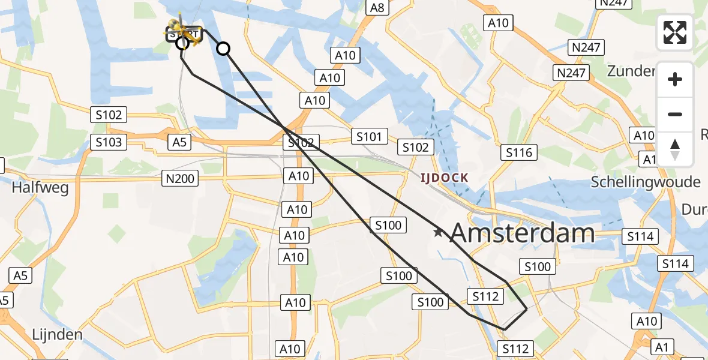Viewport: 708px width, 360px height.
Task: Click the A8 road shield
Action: [377, 8]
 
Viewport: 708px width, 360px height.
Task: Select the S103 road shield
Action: [109, 142]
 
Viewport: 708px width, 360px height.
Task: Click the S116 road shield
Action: [519, 152]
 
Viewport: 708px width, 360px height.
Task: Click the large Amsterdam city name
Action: [522, 233]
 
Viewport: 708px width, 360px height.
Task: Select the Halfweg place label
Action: [40, 188]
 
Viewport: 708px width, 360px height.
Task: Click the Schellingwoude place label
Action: [645, 182]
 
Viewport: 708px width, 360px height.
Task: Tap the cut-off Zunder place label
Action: [631, 71]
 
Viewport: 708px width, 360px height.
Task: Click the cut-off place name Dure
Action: [694, 209]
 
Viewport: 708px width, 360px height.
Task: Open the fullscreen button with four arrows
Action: [675, 32]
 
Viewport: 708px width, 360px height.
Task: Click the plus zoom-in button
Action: [675, 79]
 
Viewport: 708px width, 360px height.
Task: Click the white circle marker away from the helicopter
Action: [223, 49]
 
